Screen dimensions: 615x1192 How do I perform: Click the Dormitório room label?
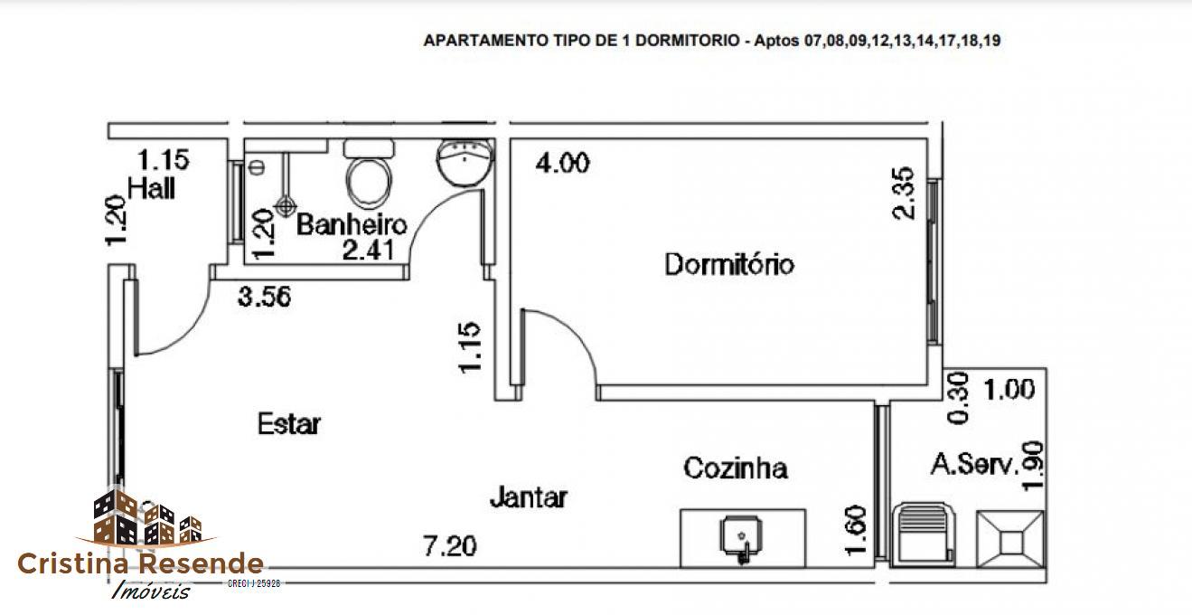pyautogui.click(x=729, y=265)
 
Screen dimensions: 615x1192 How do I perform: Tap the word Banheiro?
pyautogui.click(x=352, y=224)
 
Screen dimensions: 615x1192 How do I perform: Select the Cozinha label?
pyautogui.click(x=735, y=468)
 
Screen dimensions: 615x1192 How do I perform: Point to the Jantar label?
pyautogui.click(x=529, y=497)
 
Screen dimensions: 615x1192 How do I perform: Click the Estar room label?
pyautogui.click(x=289, y=423)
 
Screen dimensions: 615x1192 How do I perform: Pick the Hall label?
pyautogui.click(x=152, y=189)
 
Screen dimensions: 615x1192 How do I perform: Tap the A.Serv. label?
pyautogui.click(x=974, y=466)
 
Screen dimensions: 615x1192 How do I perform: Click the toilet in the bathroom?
pyautogui.click(x=370, y=175)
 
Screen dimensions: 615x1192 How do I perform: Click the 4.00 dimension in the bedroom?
pyautogui.click(x=562, y=164)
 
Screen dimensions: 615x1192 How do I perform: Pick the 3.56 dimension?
pyautogui.click(x=264, y=297)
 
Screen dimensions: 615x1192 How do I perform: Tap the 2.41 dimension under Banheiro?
pyautogui.click(x=368, y=250)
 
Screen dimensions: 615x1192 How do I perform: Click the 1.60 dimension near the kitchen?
pyautogui.click(x=858, y=531)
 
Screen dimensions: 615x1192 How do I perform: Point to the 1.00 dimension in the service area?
pyautogui.click(x=1009, y=390)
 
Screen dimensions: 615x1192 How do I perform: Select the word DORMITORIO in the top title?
pyautogui.click(x=684, y=41)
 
